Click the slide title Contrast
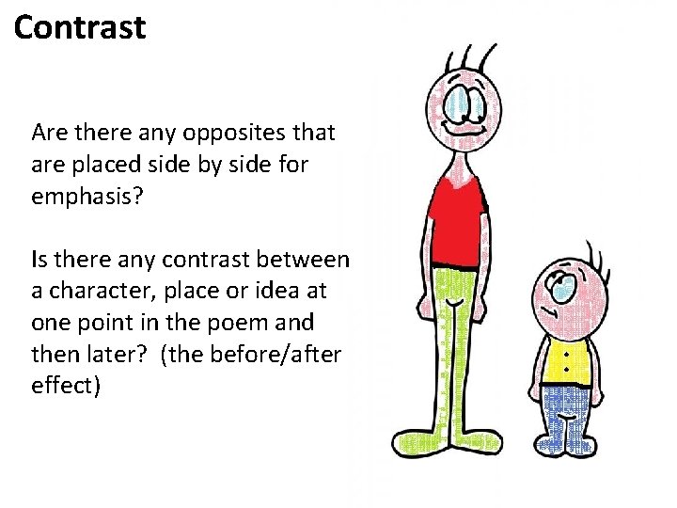click(81, 27)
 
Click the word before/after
click(276, 355)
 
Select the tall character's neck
click(460, 161)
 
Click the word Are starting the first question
click(48, 133)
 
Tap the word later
click(92, 355)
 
